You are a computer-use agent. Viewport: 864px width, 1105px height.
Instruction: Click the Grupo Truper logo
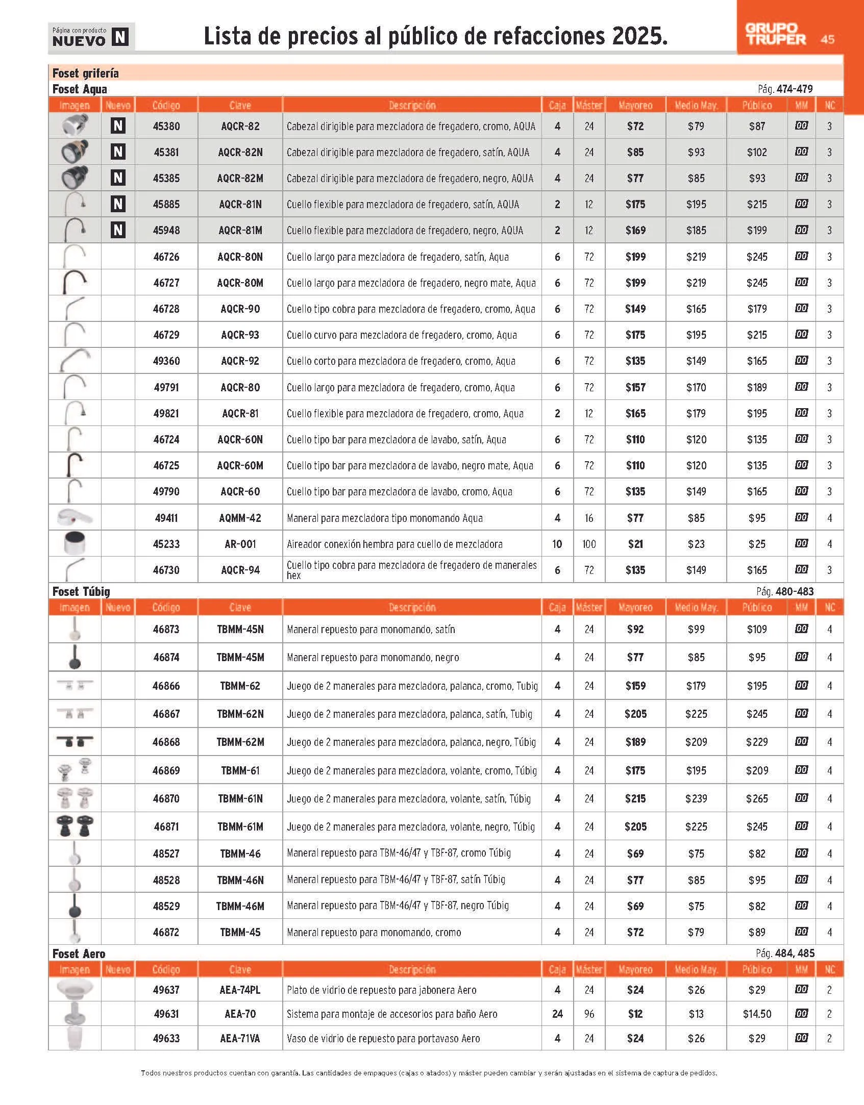coord(775,34)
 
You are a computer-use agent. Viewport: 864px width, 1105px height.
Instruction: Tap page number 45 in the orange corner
coord(827,39)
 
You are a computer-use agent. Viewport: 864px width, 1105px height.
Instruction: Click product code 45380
coord(166,126)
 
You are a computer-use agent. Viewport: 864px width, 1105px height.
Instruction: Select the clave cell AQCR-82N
coord(240,152)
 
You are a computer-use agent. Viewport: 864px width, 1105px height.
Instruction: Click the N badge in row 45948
coord(118,230)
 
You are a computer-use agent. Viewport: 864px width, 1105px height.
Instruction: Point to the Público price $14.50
coord(757,1014)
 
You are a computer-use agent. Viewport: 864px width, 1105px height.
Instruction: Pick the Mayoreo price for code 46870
coord(635,798)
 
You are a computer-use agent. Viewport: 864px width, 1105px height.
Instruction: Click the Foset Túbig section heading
coord(81,591)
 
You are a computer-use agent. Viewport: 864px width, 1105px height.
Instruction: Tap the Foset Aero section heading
coord(79,953)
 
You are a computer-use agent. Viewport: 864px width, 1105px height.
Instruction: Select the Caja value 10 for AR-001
coord(557,544)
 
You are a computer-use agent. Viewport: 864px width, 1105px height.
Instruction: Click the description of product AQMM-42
coord(384,518)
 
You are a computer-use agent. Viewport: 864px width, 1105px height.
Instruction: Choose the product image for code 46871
coord(75,826)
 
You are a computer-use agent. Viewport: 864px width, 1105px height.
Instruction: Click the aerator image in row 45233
coord(75,543)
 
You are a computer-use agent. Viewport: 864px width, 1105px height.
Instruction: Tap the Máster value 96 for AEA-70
coord(589,1014)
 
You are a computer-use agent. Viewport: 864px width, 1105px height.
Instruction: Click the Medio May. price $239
coord(696,798)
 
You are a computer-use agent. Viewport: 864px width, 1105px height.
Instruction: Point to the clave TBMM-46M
coord(240,906)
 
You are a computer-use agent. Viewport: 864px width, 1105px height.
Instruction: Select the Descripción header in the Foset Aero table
coord(412,969)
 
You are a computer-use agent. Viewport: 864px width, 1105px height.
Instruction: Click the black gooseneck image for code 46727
coord(75,282)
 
